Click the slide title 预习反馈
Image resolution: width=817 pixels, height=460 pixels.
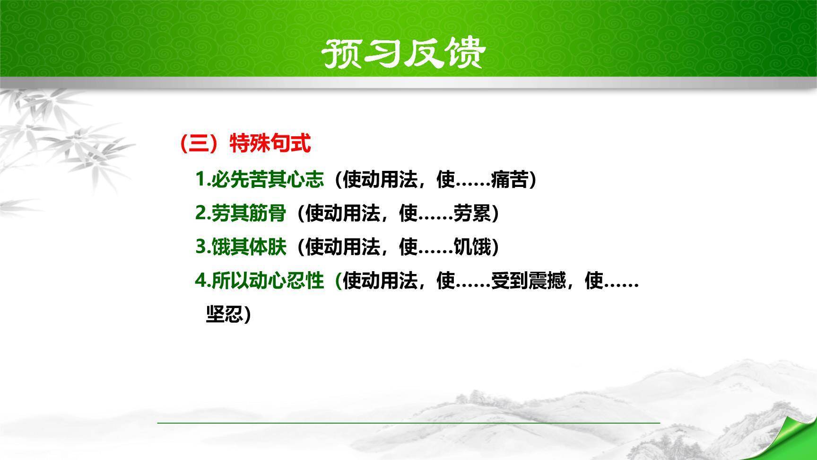[403, 53]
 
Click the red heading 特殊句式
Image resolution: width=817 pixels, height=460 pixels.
[270, 143]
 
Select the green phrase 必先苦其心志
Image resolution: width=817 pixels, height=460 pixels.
[268, 180]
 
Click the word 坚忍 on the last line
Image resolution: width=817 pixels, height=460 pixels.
[225, 314]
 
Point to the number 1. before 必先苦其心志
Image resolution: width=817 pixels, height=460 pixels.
[202, 180]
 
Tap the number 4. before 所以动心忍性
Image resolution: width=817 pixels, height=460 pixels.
[202, 281]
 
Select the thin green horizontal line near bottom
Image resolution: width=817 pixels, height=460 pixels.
[408, 422]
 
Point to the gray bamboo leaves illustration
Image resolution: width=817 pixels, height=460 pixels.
[57, 142]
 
